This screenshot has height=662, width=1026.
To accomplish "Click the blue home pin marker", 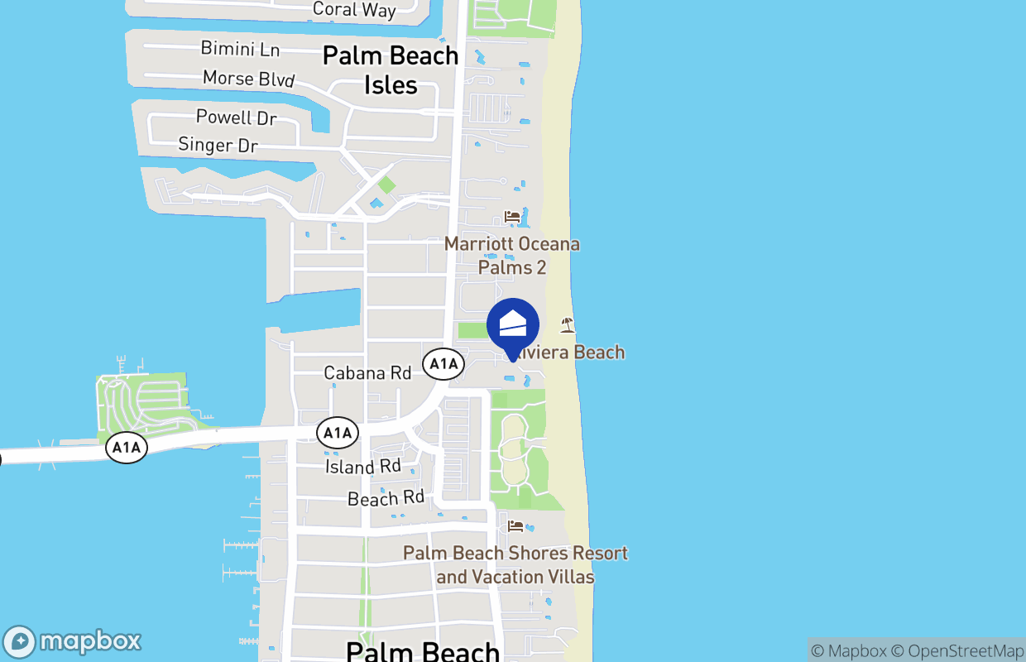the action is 513,325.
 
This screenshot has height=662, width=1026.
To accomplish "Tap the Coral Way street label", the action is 354,10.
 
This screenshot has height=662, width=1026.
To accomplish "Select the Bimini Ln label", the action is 240,49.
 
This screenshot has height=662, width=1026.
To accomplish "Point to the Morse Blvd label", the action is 248,79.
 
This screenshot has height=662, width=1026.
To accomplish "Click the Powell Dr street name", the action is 236,118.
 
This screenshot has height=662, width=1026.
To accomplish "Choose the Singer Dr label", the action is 218,145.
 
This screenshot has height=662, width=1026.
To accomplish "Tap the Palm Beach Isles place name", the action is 391,70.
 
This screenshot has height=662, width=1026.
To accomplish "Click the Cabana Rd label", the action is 367,373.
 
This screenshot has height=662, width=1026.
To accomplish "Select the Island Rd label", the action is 362,467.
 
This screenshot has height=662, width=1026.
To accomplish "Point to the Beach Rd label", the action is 386,498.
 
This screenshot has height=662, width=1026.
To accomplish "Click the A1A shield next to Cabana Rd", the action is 443,363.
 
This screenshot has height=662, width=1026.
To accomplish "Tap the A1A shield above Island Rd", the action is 338,432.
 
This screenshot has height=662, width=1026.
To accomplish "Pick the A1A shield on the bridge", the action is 127,448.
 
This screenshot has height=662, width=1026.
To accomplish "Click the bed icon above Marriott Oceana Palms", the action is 512,217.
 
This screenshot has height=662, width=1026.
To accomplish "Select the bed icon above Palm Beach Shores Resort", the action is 515,525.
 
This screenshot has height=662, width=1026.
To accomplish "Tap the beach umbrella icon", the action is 567,324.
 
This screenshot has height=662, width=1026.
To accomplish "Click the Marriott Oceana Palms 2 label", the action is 512,256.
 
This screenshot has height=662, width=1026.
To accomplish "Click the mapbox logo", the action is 73,641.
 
